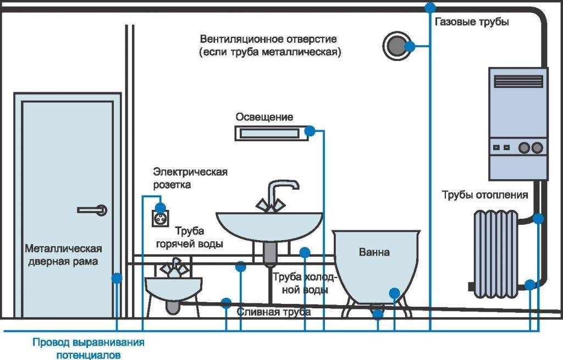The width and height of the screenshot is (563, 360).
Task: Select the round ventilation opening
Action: pyautogui.click(x=394, y=46)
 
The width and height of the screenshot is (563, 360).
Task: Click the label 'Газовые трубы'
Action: pyautogui.click(x=472, y=23)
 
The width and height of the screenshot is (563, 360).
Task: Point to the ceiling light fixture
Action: pyautogui.click(x=268, y=132)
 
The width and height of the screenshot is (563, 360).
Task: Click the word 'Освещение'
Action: pyautogui.click(x=264, y=117)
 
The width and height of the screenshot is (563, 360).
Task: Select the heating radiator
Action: pyautogui.click(x=496, y=251)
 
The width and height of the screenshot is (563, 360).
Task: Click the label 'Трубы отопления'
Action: pyautogui.click(x=485, y=195)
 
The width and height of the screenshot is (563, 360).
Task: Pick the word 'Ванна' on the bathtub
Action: pyautogui.click(x=374, y=253)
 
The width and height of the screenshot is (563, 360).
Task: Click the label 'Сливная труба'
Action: pyautogui.click(x=274, y=312)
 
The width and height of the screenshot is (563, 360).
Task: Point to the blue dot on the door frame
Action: pyautogui.click(x=116, y=278)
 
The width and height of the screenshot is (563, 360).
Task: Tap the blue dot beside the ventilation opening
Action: pyautogui.click(x=410, y=46)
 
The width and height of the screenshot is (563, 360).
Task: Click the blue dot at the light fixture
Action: pyautogui.click(x=310, y=131)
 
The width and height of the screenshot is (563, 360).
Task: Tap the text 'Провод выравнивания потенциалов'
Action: pyautogui.click(x=88, y=348)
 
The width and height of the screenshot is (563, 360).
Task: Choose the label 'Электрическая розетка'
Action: pyautogui.click(x=190, y=178)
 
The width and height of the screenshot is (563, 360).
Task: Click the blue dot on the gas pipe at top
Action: pyautogui.click(x=430, y=7)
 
